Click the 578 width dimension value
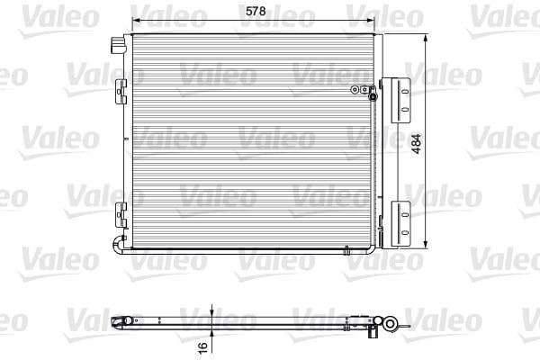pyautogui.click(x=256, y=11)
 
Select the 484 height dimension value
pyautogui.click(x=417, y=144)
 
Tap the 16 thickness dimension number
pyautogui.click(x=203, y=346)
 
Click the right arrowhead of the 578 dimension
pyautogui.click(x=370, y=21)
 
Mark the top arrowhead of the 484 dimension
pyautogui.click(x=426, y=38)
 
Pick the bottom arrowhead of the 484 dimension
pyautogui.click(x=426, y=244)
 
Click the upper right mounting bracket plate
pyautogui.click(x=400, y=100)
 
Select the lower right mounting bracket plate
pyautogui.click(x=400, y=223)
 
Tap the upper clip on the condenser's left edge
pyautogui.click(x=121, y=92)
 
